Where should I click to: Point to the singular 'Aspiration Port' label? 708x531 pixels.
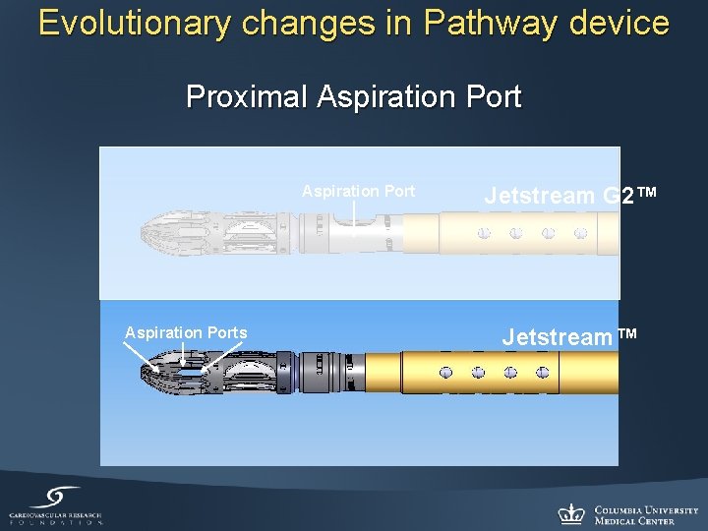(x=358, y=191)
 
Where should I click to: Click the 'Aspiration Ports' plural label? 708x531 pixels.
(x=186, y=332)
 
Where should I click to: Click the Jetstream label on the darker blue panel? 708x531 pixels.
(x=557, y=337)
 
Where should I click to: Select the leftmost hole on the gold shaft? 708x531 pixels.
(x=446, y=374)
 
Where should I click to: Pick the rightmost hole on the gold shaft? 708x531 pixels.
(x=542, y=374)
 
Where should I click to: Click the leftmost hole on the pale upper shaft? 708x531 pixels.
(x=484, y=234)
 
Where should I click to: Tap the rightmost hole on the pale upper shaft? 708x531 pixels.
(x=580, y=234)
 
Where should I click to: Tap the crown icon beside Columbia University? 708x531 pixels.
(x=571, y=513)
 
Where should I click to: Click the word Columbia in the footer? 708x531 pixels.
(x=623, y=509)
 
